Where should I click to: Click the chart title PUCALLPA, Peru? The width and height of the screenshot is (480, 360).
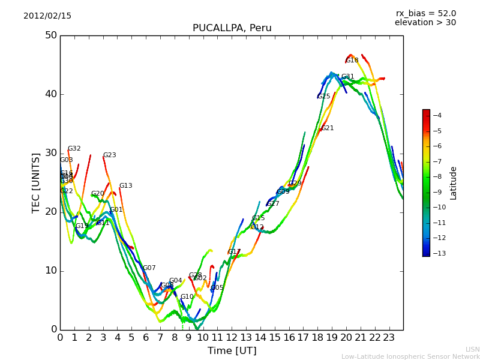click(x=232, y=28)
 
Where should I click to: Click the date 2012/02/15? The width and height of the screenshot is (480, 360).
click(x=47, y=16)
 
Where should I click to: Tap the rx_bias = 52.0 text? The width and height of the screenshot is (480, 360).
click(x=425, y=13)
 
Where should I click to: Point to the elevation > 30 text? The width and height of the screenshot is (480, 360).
click(x=425, y=23)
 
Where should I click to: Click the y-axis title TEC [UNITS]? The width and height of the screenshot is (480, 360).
click(x=36, y=182)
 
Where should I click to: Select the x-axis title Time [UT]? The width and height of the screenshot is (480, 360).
click(x=232, y=350)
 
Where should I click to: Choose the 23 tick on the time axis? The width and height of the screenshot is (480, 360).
click(x=389, y=338)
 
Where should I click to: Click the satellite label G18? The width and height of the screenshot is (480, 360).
click(x=352, y=61)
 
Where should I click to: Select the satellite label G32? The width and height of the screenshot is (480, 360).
click(x=74, y=149)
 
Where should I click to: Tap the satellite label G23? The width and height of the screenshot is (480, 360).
click(x=109, y=155)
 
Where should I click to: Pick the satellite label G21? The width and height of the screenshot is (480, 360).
click(x=328, y=128)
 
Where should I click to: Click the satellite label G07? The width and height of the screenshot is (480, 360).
click(x=149, y=268)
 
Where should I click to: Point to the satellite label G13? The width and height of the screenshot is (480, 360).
click(x=125, y=186)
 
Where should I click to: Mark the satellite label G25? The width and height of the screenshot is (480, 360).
click(x=324, y=97)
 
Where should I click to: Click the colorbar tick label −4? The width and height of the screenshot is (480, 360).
click(x=437, y=115)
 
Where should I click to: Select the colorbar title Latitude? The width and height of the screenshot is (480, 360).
click(x=454, y=182)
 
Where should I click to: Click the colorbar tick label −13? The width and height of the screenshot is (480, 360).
click(x=439, y=253)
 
